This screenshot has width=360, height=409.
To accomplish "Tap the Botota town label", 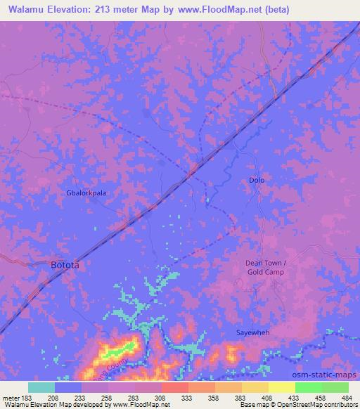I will coord(65,266).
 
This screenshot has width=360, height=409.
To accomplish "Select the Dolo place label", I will coord(257,181).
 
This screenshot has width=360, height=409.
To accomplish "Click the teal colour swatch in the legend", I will coord(41,387).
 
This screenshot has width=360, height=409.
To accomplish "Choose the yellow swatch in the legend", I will coord(282,387).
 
